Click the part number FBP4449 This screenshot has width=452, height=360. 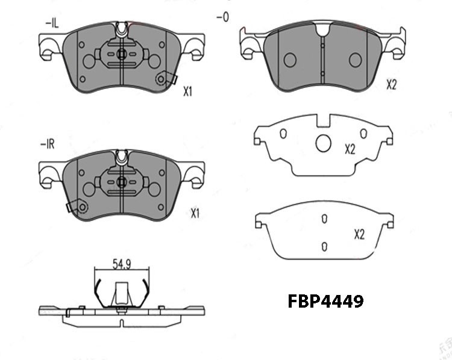coord(325,301)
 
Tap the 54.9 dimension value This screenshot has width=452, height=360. coord(122,264)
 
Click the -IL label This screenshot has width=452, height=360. coord(52,23)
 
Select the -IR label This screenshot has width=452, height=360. coord(48,144)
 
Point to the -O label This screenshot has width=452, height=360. coord(222,17)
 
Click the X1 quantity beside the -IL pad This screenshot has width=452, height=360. coord(187,92)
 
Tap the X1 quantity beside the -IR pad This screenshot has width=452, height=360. coord(195,214)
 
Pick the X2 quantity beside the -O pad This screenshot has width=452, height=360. coord(392,85)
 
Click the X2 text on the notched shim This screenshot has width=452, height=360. coord(350,149)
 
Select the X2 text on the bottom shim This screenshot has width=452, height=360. coord(359,235)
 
